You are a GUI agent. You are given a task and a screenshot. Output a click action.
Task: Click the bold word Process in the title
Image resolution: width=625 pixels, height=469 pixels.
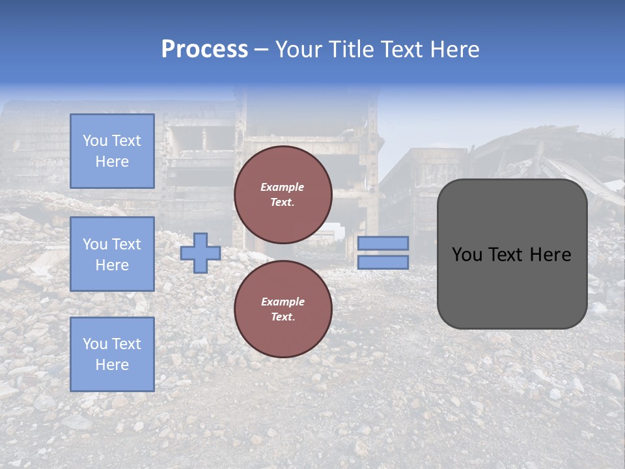click(x=204, y=50)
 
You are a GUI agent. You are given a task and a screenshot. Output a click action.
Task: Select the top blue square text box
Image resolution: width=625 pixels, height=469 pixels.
click(x=112, y=151)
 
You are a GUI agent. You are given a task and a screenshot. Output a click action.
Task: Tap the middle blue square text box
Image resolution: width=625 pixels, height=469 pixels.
click(x=112, y=254)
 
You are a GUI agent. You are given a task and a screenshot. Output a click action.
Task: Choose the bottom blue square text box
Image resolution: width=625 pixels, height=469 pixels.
click(x=112, y=354)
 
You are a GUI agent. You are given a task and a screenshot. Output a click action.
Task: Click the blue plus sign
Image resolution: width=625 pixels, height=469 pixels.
click(x=201, y=253)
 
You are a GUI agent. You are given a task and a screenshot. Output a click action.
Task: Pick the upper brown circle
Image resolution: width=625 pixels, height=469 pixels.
click(x=283, y=195)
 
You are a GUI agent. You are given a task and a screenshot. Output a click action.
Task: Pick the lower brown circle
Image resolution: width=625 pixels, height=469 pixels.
click(x=283, y=309)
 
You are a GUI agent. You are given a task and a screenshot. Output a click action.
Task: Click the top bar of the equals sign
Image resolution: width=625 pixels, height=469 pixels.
click(x=383, y=244)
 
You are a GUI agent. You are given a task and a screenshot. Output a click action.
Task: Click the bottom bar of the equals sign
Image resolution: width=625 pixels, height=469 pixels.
click(x=383, y=263)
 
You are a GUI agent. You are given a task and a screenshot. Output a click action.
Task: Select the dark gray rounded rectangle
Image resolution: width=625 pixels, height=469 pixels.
click(x=512, y=287)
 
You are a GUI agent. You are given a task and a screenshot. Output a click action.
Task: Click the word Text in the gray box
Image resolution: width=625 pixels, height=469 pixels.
click(x=511, y=255)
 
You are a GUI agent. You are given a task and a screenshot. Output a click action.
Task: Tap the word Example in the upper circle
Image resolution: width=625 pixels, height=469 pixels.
click(x=283, y=187)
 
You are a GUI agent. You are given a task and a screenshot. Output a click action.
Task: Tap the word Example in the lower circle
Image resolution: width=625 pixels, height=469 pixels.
click(x=283, y=302)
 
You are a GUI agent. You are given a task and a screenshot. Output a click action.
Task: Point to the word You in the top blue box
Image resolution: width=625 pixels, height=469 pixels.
click(x=95, y=141)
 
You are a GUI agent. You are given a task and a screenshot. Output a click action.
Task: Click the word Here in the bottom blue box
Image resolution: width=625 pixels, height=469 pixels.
click(x=112, y=365)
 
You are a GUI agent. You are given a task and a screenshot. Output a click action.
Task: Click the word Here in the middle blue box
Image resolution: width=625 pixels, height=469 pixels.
click(x=112, y=265)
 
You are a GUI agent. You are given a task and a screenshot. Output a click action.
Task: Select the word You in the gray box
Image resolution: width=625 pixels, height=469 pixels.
click(x=467, y=255)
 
